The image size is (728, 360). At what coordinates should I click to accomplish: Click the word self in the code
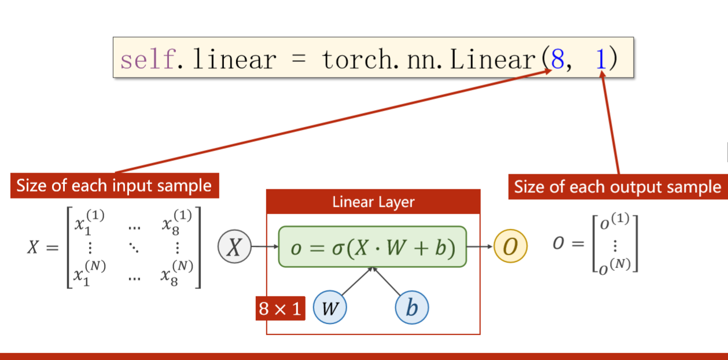click(x=147, y=59)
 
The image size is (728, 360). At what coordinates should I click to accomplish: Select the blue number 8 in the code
click(x=557, y=59)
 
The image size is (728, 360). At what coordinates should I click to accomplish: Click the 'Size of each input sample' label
click(x=115, y=186)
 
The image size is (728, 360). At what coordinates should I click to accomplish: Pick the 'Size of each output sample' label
click(x=617, y=187)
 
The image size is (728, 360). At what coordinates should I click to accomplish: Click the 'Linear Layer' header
click(x=373, y=202)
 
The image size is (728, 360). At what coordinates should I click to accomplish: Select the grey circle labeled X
click(x=234, y=247)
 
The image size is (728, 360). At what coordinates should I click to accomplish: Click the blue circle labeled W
click(x=329, y=308)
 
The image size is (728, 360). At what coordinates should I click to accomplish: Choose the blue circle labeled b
click(x=411, y=308)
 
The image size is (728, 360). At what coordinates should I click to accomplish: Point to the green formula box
click(x=372, y=247)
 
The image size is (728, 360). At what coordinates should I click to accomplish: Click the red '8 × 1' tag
click(x=280, y=308)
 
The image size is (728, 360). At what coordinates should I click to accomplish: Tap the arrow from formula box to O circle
click(x=480, y=247)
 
